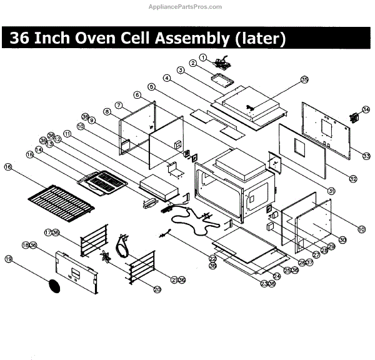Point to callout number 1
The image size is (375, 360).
coord(202,57)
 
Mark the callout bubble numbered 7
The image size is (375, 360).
coord(118,104)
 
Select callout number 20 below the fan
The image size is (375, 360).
coord(157,289)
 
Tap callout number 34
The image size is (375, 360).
coord(366,108)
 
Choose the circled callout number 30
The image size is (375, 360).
coord(342,240)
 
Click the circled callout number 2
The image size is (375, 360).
coord(193,63)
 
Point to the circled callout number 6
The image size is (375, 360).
coord(136,95)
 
